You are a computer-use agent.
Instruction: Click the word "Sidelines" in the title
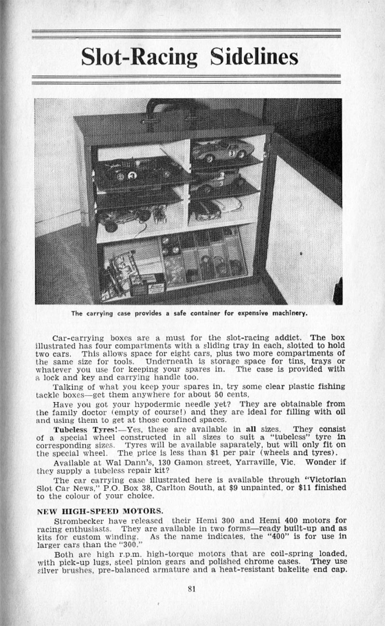coord(254,57)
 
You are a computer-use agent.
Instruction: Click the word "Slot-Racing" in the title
coord(140,57)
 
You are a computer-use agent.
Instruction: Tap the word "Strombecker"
coord(76,520)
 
